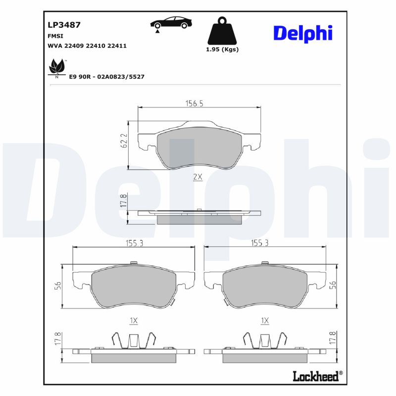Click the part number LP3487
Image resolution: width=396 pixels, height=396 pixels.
[64, 24]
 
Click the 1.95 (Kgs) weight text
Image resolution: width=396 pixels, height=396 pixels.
[222, 49]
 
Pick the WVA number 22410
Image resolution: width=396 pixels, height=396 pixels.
[97, 46]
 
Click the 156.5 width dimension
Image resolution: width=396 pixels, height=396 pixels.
[195, 103]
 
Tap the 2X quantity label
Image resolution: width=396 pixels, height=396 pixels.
[198, 177]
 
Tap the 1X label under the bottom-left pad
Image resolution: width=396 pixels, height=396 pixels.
[133, 321]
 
